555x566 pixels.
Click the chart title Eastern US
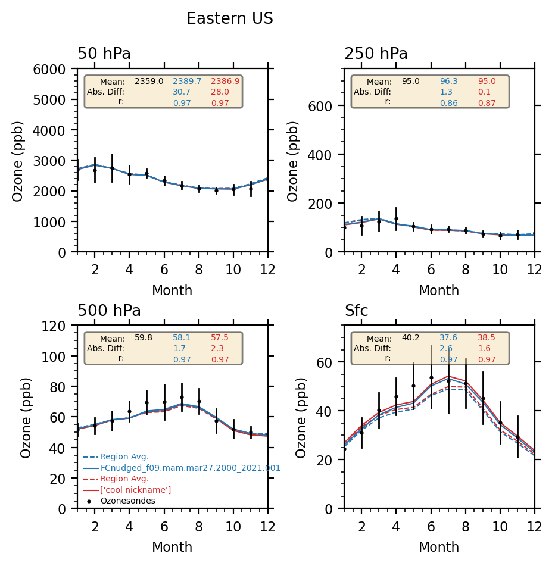(x=230, y=19)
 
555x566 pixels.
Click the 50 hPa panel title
(x=104, y=54)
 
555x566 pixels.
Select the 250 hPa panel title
(x=376, y=54)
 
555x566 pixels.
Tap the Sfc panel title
(x=356, y=311)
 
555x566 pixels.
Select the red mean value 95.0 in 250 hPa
(x=487, y=81)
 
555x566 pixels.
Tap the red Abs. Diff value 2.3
(x=217, y=348)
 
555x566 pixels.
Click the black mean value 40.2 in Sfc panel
(x=411, y=337)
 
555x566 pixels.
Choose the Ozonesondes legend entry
(x=127, y=501)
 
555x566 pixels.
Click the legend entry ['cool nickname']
(x=135, y=490)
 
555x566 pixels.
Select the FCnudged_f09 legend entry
(x=190, y=468)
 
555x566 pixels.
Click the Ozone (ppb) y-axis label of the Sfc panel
(x=301, y=417)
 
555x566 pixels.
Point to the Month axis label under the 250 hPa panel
(x=439, y=291)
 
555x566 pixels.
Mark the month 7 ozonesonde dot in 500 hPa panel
(x=182, y=397)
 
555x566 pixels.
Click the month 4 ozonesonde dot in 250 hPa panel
(x=396, y=218)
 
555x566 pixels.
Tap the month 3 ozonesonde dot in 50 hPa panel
(x=112, y=168)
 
